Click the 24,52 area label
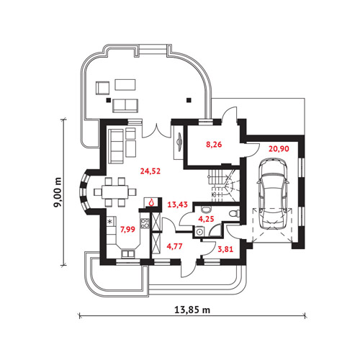(x=150, y=171)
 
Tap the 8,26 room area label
(x=214, y=145)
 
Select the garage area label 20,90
(x=279, y=149)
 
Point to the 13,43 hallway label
(x=177, y=204)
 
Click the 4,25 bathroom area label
(x=206, y=219)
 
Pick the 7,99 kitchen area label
(x=127, y=230)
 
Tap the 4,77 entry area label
(x=174, y=246)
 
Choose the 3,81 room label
(x=225, y=249)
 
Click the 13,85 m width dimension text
(x=192, y=310)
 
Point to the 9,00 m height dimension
(x=58, y=192)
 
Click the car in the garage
(x=272, y=194)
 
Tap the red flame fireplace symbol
(x=151, y=203)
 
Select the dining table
(x=115, y=192)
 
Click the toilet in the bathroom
(x=234, y=213)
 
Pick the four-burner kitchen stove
(x=145, y=223)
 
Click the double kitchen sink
(x=128, y=254)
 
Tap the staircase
(x=225, y=186)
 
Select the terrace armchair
(x=103, y=88)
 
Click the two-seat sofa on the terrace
(x=125, y=105)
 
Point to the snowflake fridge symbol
(x=110, y=221)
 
